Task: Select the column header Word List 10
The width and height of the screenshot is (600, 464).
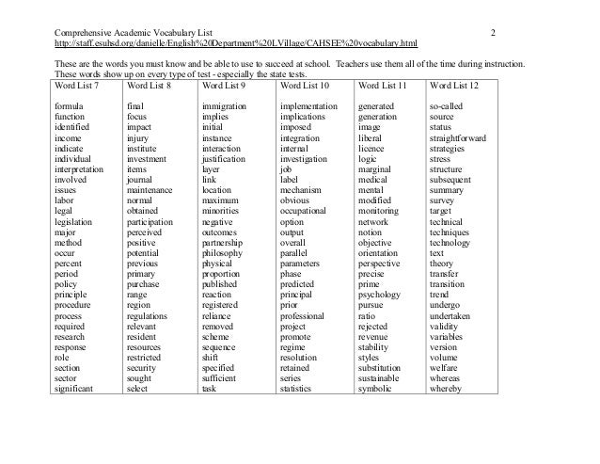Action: pos(307,86)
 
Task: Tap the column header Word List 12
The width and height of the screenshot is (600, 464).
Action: pos(456,86)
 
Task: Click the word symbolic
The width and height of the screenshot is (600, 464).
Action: pos(377,389)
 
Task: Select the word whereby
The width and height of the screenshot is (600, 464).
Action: pos(447,389)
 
